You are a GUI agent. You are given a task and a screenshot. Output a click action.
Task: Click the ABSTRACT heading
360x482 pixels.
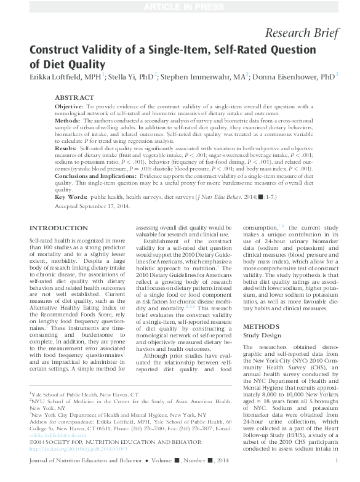pyautogui.click(x=74, y=97)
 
